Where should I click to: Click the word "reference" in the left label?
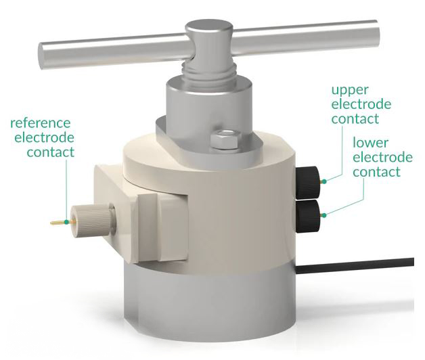[41, 123]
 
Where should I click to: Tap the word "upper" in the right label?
[350, 91]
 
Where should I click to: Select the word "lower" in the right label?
[370, 143]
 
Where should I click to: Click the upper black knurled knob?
[308, 183]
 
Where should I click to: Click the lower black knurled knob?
[308, 217]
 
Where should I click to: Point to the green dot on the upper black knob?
[324, 181]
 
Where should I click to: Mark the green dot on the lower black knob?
[324, 215]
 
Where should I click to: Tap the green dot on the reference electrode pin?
[67, 222]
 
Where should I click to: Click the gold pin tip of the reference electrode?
[51, 223]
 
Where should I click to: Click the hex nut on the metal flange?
[225, 139]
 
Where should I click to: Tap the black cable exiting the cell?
[355, 266]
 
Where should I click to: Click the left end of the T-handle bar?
[41, 56]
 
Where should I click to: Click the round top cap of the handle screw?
[209, 27]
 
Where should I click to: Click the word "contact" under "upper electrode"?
[355, 119]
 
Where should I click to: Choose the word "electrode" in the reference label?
[44, 138]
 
